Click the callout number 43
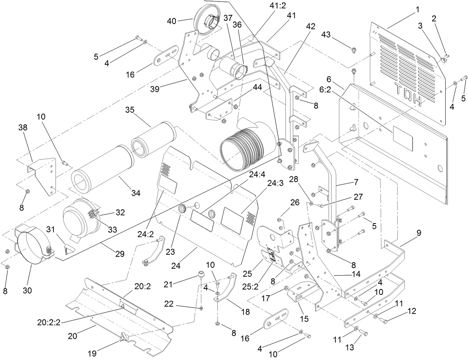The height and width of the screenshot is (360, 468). pyautogui.click(x=326, y=35)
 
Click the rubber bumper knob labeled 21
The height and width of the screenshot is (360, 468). pyautogui.click(x=201, y=276)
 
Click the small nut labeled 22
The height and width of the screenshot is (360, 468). pyautogui.click(x=201, y=308)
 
